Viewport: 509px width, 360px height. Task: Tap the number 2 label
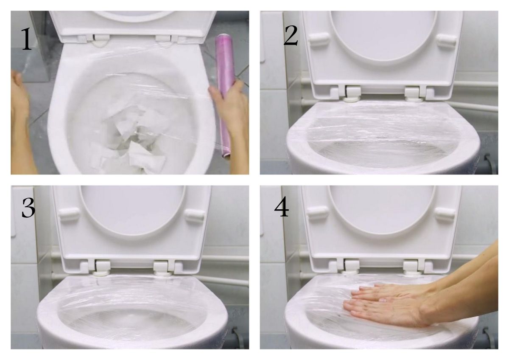(291, 36)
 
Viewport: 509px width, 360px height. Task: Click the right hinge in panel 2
(414, 93)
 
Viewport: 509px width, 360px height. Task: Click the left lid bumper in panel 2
(319, 39)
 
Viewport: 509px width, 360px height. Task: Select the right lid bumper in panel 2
(447, 41)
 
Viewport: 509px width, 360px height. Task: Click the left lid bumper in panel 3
(69, 216)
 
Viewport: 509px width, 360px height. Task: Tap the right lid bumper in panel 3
(195, 216)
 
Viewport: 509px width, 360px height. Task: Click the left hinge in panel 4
(352, 266)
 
